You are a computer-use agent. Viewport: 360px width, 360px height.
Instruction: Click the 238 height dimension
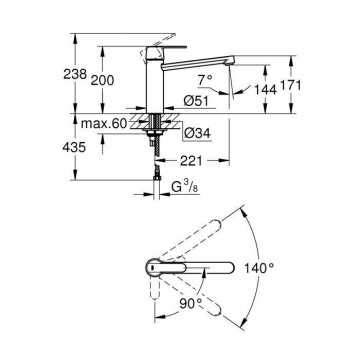click(75, 74)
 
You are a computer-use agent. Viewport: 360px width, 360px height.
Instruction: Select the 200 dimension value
click(102, 80)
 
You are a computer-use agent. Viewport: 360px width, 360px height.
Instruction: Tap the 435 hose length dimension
click(74, 147)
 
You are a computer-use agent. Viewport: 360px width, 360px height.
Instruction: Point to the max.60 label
click(104, 124)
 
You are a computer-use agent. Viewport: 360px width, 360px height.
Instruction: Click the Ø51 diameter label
click(196, 100)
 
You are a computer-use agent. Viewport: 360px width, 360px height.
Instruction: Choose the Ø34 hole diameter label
click(198, 134)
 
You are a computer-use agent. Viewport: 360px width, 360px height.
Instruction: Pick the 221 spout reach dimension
click(191, 161)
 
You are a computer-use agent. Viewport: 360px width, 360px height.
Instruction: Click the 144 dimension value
click(265, 89)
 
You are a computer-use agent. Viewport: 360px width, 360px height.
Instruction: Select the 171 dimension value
click(290, 86)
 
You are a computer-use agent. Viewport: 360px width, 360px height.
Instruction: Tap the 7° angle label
click(205, 80)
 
